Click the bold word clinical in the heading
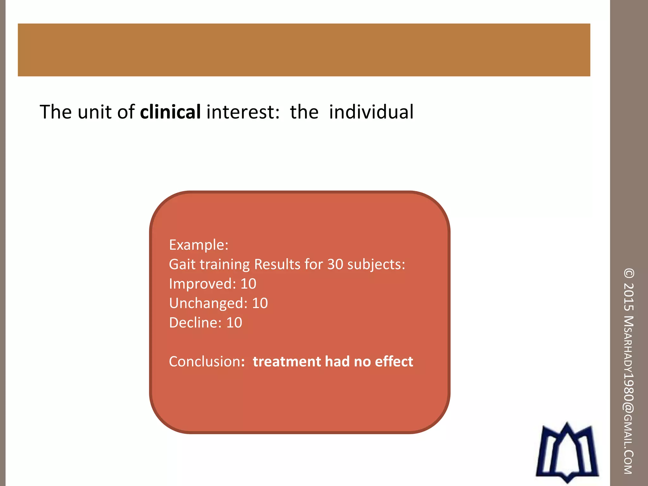point(170,112)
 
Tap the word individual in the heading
point(371,112)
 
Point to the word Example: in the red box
point(198,245)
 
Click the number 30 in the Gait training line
point(335,264)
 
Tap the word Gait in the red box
point(182,264)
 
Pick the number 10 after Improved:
point(248,284)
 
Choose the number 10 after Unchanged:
point(260,303)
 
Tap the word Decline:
point(195,323)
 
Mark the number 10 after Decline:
point(234,323)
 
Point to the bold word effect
point(394,362)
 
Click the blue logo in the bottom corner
point(567,452)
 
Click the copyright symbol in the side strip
point(629,273)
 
